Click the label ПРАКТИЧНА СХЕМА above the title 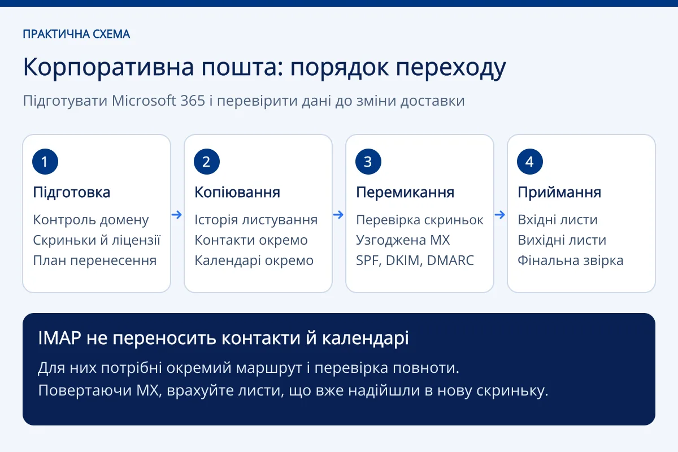tap(76, 34)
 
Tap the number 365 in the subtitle tap(193, 101)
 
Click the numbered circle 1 tap(45, 162)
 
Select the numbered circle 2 tap(207, 162)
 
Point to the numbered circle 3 tap(368, 162)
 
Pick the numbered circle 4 tap(530, 162)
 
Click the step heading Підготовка tap(71, 193)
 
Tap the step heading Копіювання tap(237, 193)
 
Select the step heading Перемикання tap(405, 193)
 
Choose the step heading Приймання tap(559, 193)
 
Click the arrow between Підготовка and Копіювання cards tap(177, 215)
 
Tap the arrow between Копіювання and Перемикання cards tap(338, 215)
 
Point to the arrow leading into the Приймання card tap(500, 215)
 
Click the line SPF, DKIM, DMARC tap(415, 260)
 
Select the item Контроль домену tap(91, 220)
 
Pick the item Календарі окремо tap(254, 260)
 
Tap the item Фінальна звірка tap(571, 260)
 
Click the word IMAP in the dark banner tap(60, 338)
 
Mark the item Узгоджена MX tap(403, 240)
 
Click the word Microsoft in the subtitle tap(144, 101)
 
